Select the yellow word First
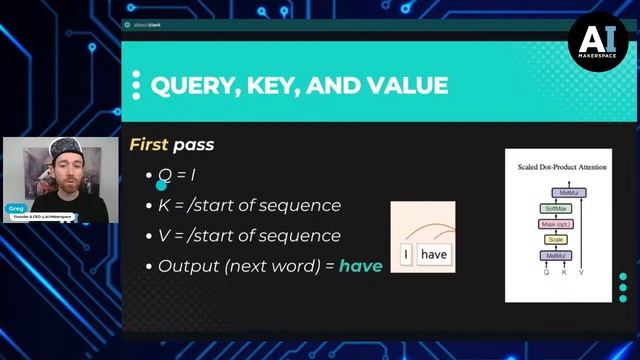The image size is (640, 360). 148,145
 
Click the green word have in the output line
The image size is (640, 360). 360,266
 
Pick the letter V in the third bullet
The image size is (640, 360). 164,236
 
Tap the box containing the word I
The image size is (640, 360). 406,255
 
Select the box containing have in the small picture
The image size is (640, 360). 434,255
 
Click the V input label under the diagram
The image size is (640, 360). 580,272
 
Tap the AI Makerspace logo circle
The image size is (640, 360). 598,41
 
